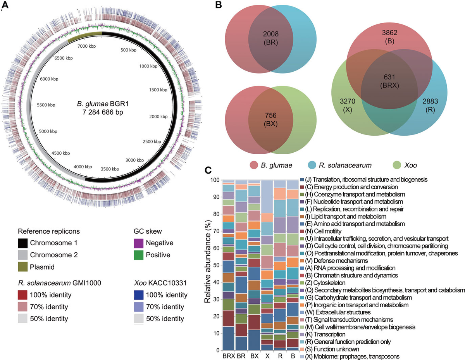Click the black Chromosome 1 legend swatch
26,243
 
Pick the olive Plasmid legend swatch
26,267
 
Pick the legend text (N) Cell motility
324,231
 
